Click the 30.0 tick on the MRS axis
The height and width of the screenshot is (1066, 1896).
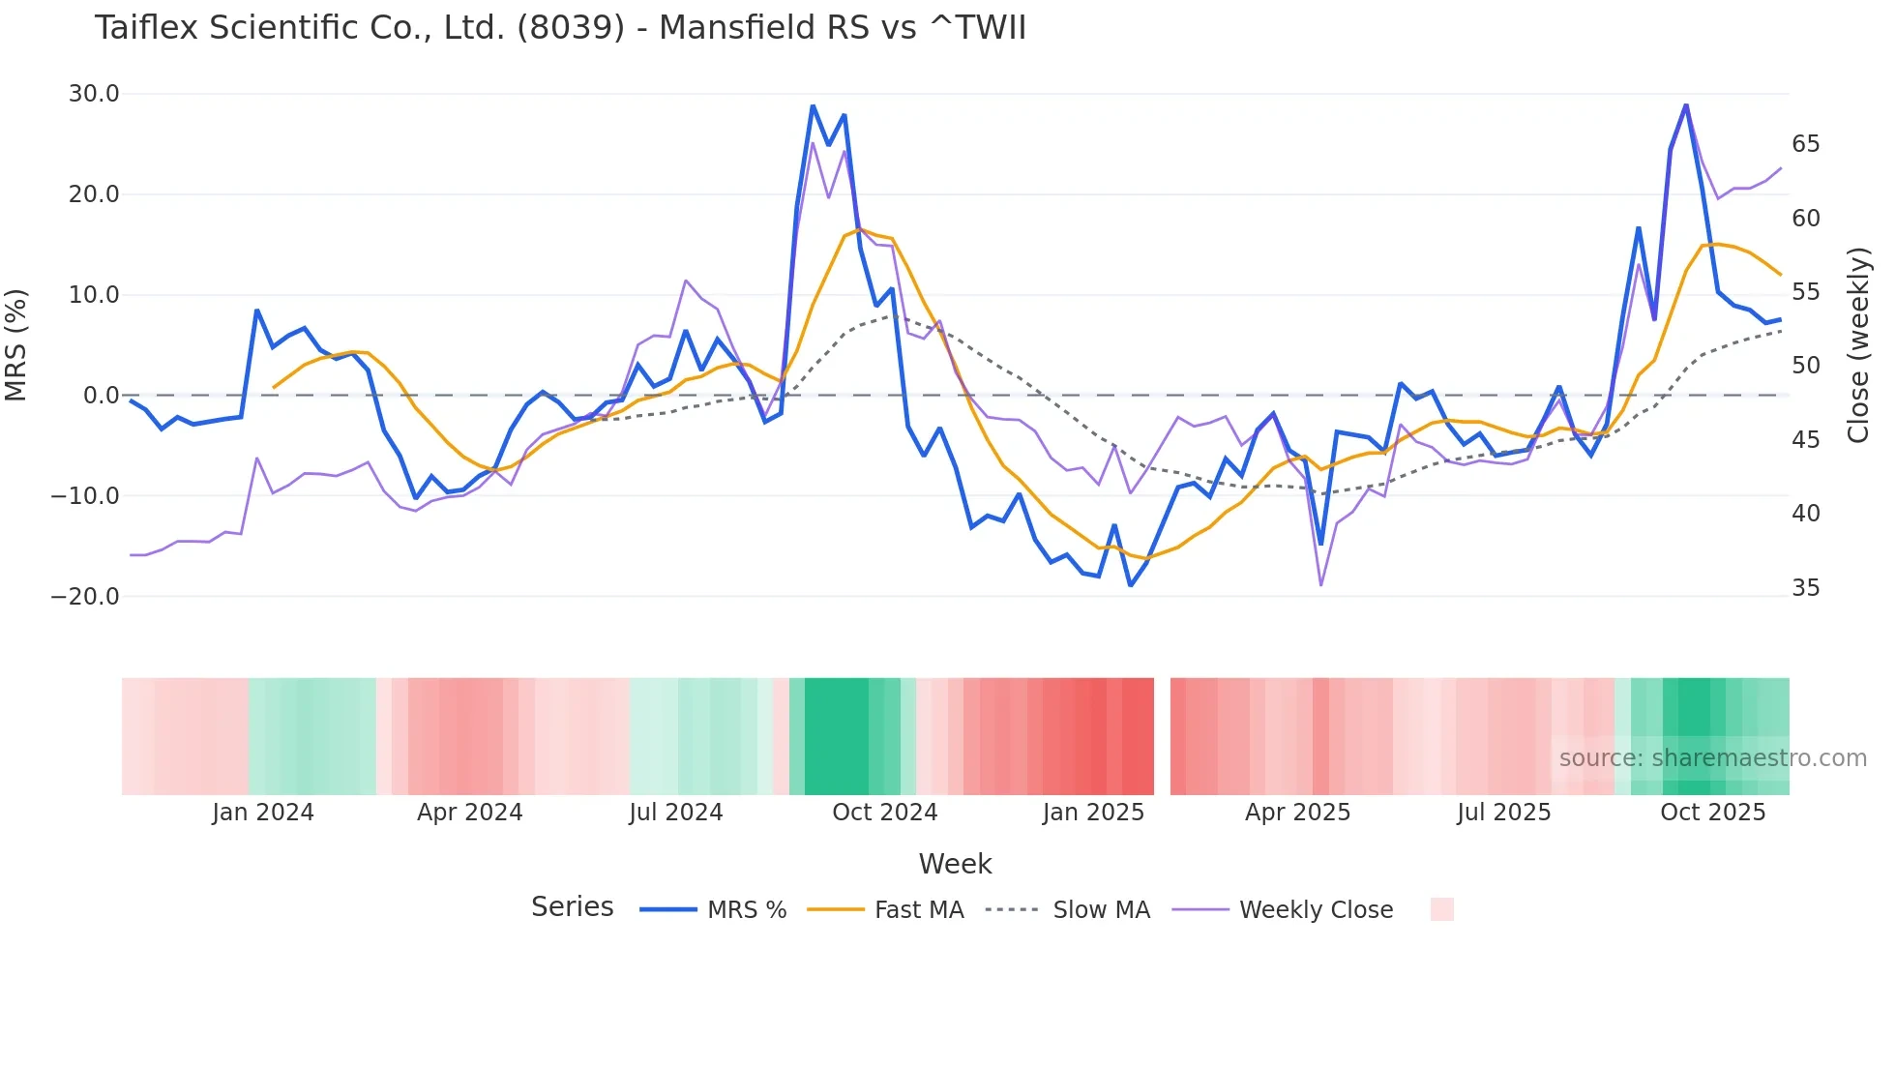coord(94,94)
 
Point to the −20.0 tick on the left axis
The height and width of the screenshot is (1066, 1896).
coord(86,597)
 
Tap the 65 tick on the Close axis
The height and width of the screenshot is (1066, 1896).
coord(1805,144)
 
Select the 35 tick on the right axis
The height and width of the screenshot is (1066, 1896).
coord(1805,588)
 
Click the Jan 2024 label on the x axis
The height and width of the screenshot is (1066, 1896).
coord(263,813)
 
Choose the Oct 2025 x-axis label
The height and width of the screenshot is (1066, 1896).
coord(1712,813)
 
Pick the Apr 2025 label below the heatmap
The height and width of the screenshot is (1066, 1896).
coord(1297,813)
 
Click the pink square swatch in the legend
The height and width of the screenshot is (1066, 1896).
coord(1441,909)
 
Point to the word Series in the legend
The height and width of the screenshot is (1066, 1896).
coord(572,907)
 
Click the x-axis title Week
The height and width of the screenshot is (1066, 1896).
coord(955,864)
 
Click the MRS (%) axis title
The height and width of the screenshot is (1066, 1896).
coord(16,345)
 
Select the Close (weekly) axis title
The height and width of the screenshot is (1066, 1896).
coord(1858,345)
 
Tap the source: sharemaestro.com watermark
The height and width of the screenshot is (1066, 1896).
coord(1712,758)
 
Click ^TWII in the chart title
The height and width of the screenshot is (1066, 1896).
coord(978,28)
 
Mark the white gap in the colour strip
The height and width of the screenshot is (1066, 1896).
coord(1162,736)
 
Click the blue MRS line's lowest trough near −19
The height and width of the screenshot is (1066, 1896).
coord(1130,585)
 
